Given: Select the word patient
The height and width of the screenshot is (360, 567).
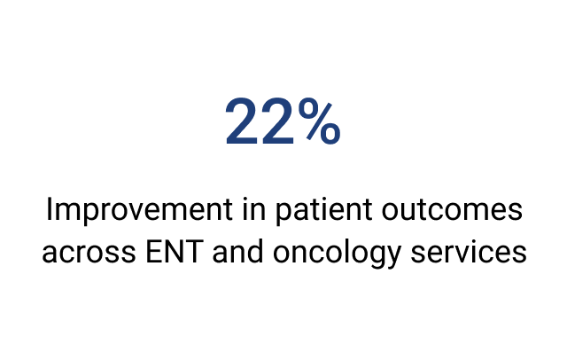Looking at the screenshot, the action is click(323, 211).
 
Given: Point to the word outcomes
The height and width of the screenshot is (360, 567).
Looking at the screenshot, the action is click(452, 210).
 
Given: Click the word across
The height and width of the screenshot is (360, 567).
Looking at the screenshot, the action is click(89, 253).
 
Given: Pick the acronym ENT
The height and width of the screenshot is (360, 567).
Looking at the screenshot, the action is click(174, 251).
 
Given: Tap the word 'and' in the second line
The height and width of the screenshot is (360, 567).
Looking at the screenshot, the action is click(237, 251).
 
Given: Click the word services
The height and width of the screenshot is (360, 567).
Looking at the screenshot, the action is click(469, 251).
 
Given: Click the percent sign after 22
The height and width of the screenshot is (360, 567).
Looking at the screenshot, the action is click(319, 121).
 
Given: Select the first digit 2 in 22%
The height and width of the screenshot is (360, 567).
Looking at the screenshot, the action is click(242, 121).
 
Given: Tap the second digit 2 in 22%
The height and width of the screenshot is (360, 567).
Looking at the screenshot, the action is click(277, 121).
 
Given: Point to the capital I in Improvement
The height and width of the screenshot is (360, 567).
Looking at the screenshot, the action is click(50, 208).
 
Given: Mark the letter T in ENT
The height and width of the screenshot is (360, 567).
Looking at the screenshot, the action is click(192, 251).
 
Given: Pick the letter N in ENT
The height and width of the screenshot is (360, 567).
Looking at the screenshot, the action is click(173, 251).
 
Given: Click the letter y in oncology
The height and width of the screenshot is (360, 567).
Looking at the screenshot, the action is click(393, 255).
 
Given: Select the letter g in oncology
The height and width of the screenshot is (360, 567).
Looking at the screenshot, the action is click(376, 255).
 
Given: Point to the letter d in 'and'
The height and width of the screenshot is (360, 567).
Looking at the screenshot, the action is click(255, 251).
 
